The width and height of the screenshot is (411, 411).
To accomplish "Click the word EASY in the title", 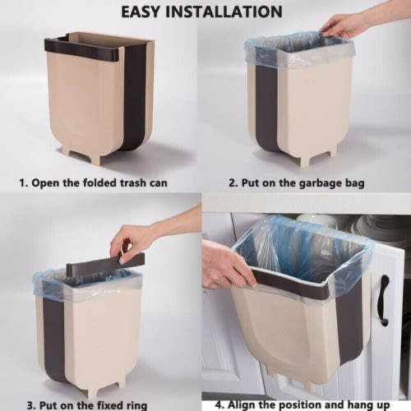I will tap(149, 12).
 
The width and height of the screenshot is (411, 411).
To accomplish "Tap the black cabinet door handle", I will tap(383, 300).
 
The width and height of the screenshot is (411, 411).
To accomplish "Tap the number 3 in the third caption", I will tap(30, 404).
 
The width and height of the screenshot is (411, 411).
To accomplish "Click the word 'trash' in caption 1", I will tap(145, 182).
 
